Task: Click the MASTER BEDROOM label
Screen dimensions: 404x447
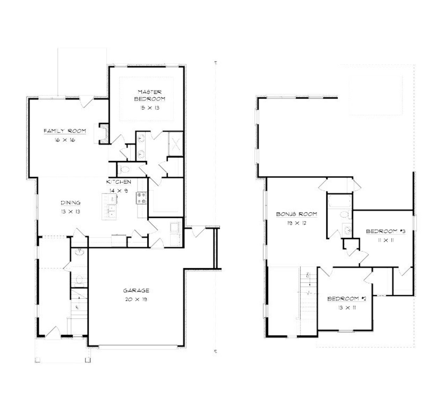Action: (149, 95)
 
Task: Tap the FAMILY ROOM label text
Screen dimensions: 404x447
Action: (65, 131)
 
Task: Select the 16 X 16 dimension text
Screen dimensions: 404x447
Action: (65, 140)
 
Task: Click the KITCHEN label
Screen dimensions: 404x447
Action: (119, 182)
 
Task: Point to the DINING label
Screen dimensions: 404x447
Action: (71, 202)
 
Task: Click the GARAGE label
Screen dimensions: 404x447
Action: (136, 290)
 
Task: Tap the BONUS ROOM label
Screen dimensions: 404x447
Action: (296, 214)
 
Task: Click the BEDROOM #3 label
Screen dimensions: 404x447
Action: (385, 231)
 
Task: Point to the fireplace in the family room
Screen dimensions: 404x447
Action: (103, 133)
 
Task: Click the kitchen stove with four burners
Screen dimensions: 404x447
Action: (141, 198)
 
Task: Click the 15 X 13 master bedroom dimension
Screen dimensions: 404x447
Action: (149, 108)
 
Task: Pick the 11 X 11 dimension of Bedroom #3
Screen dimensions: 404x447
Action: (385, 240)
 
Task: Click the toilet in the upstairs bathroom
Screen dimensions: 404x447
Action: (344, 214)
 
